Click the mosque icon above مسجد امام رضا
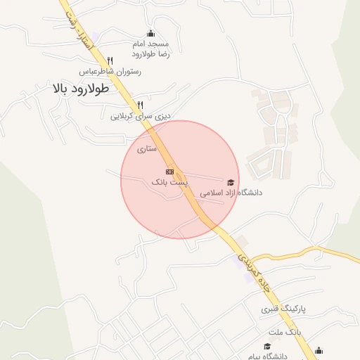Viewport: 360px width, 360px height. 150,33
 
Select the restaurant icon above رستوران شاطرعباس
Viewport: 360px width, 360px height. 110,60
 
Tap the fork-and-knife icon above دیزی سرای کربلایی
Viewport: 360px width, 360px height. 141,105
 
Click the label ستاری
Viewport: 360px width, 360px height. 146,148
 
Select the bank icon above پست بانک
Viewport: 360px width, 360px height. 169,171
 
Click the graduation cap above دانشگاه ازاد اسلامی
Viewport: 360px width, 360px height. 231,181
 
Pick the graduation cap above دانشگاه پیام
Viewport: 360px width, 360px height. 267,346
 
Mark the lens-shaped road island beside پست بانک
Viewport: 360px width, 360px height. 179,176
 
